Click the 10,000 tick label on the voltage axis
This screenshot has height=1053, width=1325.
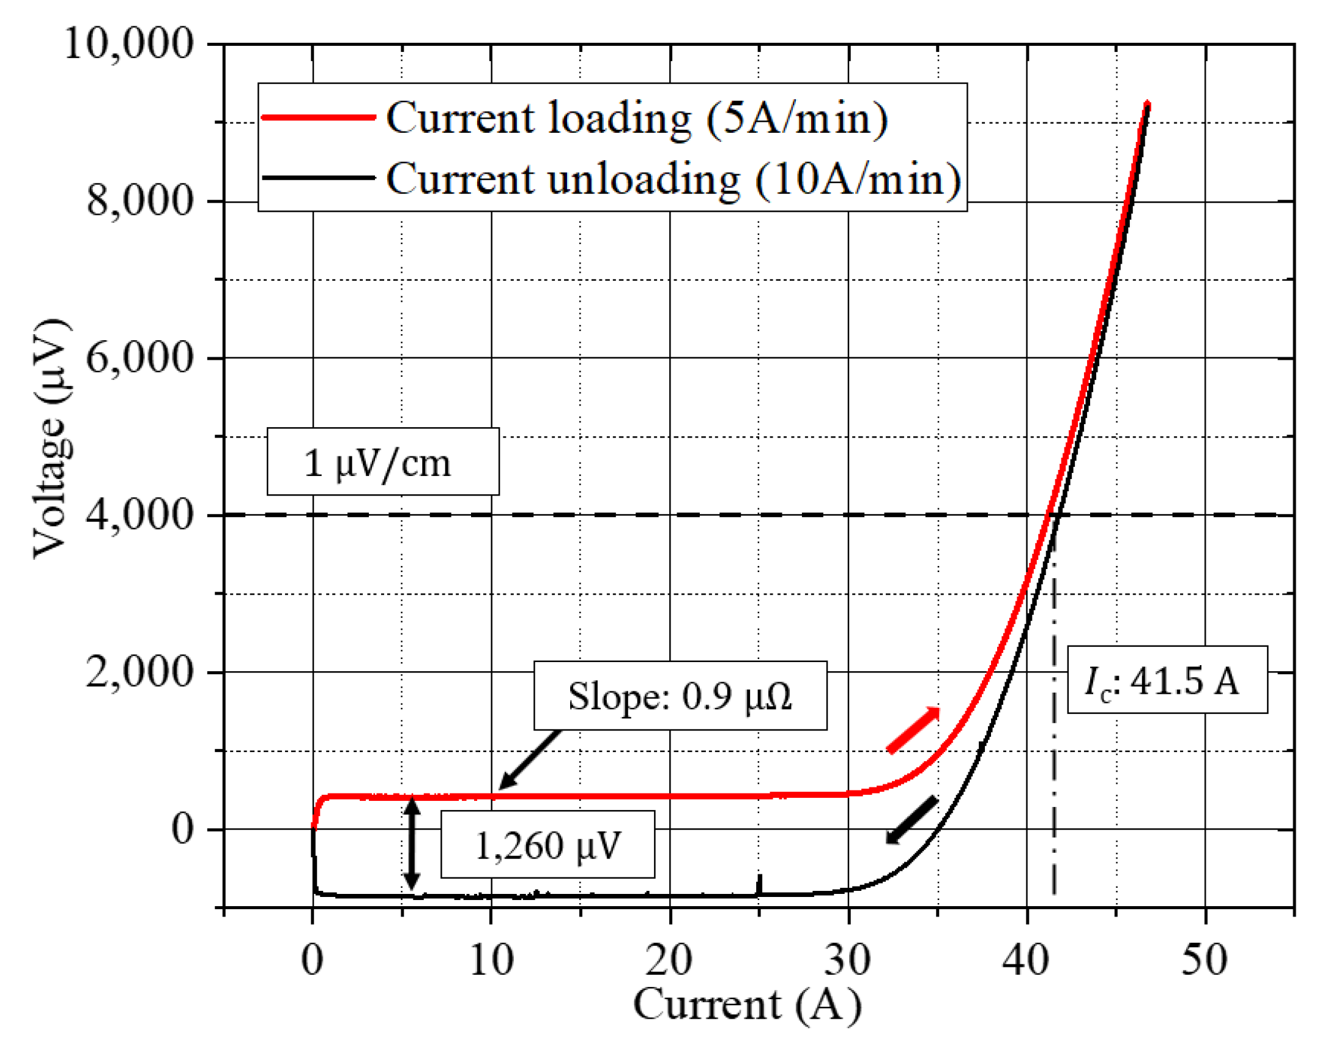(128, 44)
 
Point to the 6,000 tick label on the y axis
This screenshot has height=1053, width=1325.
(139, 358)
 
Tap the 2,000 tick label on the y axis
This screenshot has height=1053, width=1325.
(139, 672)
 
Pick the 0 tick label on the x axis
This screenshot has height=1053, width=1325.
(312, 960)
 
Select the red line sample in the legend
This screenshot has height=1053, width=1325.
(318, 117)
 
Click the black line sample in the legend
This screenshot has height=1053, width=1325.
(318, 177)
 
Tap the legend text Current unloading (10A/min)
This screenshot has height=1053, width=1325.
(673, 179)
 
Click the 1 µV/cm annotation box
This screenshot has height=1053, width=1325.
(383, 463)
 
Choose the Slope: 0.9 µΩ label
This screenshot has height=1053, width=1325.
(680, 696)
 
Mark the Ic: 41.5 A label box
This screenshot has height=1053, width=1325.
(1167, 680)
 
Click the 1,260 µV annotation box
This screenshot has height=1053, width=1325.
(547, 844)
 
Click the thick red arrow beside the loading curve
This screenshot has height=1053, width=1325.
(913, 731)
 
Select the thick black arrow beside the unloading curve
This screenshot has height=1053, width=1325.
(912, 820)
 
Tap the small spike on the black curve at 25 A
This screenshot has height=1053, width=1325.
(760, 884)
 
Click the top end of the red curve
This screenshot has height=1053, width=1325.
(1147, 106)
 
